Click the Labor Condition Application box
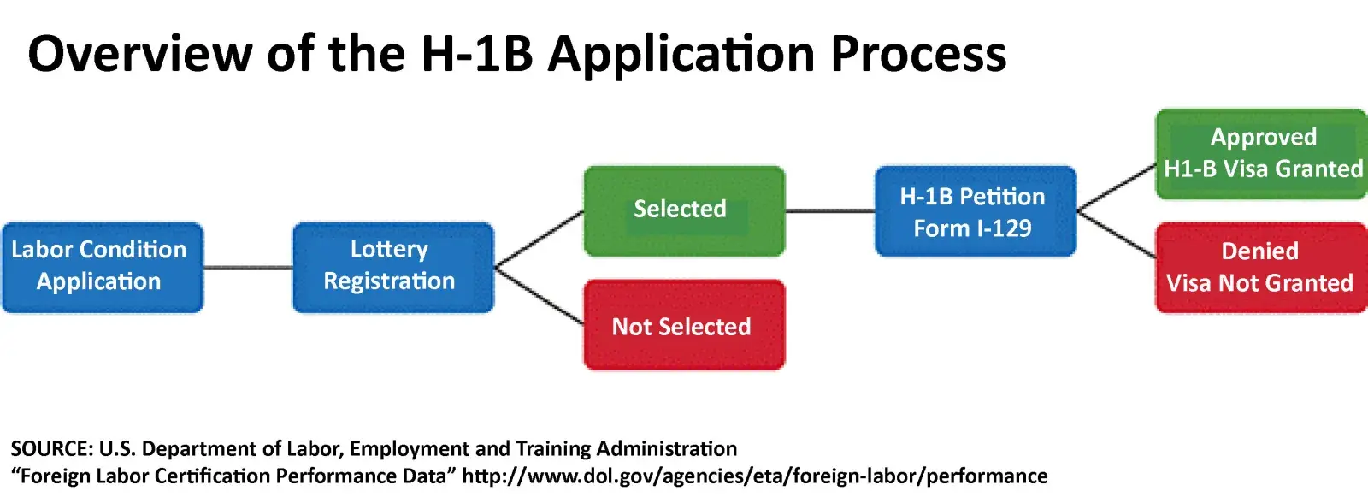(102, 267)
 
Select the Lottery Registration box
(392, 267)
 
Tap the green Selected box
(683, 210)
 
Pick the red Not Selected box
(683, 325)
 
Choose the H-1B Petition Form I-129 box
(975, 211)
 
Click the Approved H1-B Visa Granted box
(1262, 154)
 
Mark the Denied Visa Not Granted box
(1262, 268)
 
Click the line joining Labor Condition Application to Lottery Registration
(248, 268)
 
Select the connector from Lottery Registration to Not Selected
(539, 296)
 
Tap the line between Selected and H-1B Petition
(829, 210)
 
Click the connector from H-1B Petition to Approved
(1116, 187)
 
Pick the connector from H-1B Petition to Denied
(1116, 234)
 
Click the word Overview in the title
(139, 54)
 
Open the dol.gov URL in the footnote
(754, 476)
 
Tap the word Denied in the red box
(1259, 251)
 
